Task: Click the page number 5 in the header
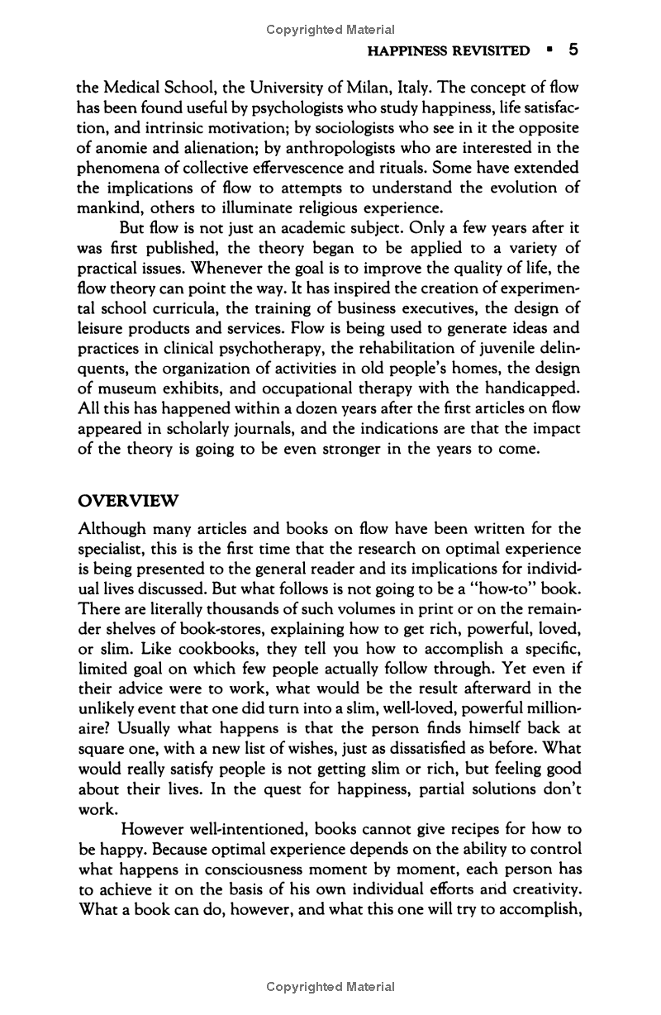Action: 572,50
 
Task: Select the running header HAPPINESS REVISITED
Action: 448,51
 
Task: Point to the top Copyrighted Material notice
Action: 330,30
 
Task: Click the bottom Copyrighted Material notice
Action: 330,986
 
